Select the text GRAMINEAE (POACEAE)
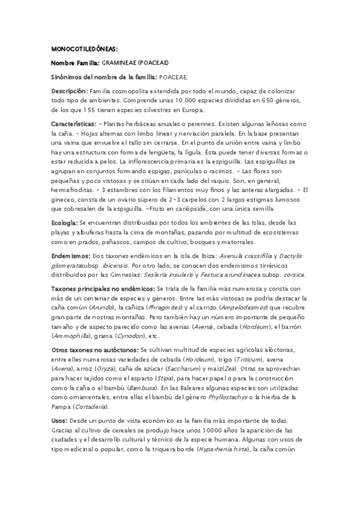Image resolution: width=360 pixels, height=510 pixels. [135, 62]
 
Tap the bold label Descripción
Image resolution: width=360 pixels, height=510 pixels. [70, 91]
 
